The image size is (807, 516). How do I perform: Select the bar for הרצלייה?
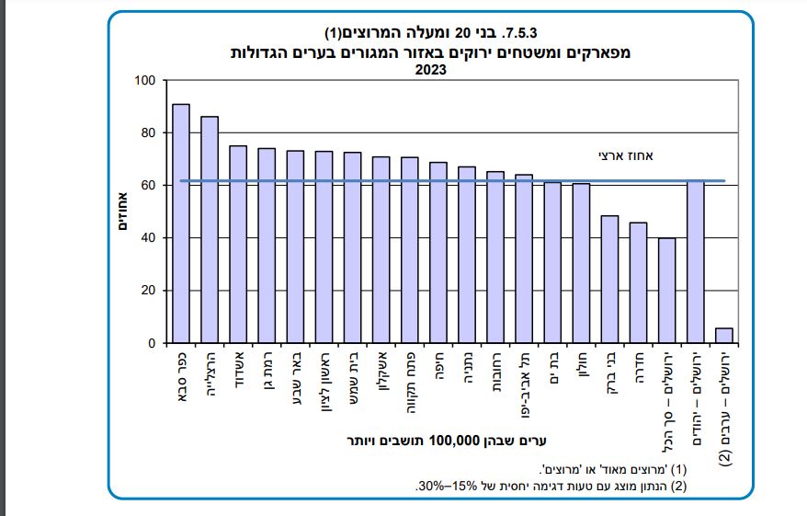[x=210, y=230]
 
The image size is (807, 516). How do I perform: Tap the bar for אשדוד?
[x=238, y=245]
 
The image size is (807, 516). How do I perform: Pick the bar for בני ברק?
[x=609, y=280]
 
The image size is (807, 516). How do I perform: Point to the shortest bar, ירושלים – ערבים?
[x=724, y=336]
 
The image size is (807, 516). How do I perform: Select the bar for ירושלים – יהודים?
[x=696, y=262]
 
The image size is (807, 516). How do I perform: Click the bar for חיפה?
[x=438, y=253]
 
